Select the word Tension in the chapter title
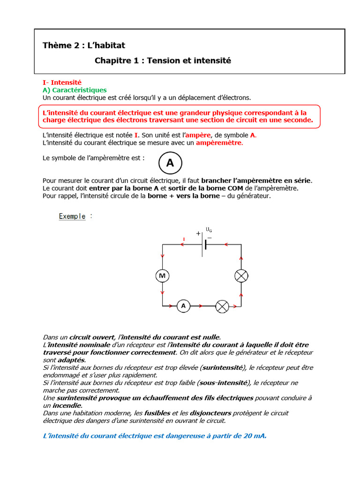coord(163,61)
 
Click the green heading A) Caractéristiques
coord(75,90)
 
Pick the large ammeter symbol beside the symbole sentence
coord(170,163)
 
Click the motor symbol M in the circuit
coord(162,276)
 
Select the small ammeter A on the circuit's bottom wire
coord(183,306)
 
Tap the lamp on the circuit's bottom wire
coord(222,307)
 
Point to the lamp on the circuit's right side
coord(241,276)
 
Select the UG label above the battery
coord(209,230)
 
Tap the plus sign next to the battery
coord(198,233)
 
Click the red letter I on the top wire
coord(184,239)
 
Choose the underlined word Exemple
coord(72,217)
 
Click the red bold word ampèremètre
coord(219,142)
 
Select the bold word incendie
coord(67,405)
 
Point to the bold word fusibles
coord(157,413)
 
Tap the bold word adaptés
coord(71,360)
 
